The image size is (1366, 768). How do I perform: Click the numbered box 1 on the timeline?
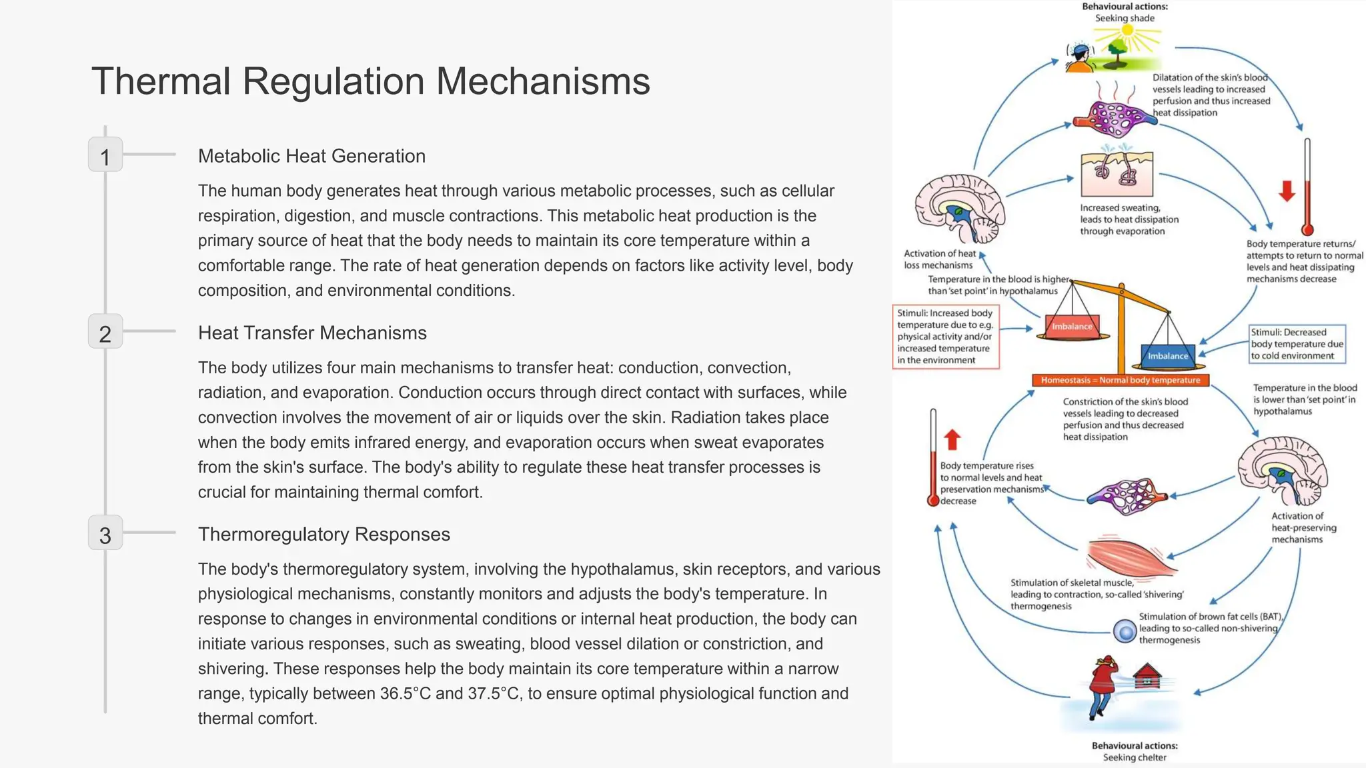(105, 155)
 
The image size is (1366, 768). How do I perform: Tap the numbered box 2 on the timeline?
(105, 331)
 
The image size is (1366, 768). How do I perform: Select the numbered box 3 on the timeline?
(105, 533)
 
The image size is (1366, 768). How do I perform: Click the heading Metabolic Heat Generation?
(311, 156)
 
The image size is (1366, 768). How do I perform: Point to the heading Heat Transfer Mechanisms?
(312, 333)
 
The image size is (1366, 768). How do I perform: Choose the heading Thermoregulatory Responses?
(324, 534)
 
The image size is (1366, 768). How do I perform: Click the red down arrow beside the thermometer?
(1287, 191)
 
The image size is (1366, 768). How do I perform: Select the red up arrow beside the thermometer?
(952, 439)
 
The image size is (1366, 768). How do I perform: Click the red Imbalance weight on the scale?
(1072, 326)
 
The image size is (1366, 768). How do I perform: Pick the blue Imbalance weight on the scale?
(1167, 356)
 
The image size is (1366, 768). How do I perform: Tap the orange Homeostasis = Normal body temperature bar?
(1121, 380)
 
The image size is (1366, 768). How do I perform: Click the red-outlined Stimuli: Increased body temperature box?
(946, 337)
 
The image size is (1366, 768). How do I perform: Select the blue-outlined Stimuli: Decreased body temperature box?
(1297, 344)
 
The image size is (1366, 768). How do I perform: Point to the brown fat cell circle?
(1125, 631)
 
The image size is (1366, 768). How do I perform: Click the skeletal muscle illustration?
(1131, 555)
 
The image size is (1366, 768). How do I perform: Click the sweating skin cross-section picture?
(1117, 172)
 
